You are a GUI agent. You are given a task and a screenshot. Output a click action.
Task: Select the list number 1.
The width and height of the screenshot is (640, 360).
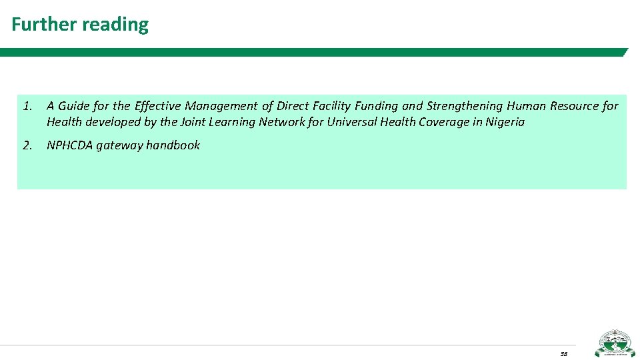point(26,106)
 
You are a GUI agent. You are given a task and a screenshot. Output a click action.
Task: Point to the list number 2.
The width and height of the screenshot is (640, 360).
point(26,145)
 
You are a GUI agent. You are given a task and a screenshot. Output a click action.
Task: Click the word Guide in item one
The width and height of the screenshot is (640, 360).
point(74,106)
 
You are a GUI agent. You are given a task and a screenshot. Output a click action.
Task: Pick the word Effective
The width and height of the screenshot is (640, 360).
point(157,106)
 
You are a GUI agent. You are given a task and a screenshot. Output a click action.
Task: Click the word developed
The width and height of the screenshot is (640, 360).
point(111,122)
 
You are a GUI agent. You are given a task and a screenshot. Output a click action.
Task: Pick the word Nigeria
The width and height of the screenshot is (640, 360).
point(505,122)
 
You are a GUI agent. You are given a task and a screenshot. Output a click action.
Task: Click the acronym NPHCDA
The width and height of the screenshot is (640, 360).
point(70,145)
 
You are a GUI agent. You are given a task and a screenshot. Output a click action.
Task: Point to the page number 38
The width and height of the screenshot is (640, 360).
point(563,353)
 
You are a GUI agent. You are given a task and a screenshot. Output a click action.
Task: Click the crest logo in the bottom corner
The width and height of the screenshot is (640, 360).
point(615,343)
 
